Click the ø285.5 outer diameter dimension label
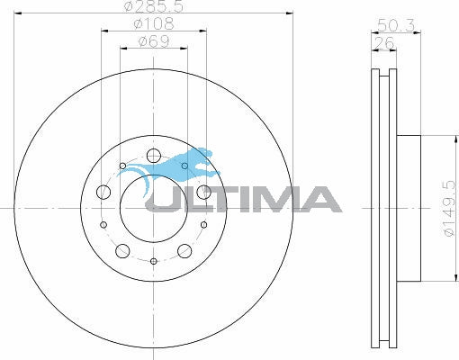154,6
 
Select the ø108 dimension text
154,23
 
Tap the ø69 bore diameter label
154,41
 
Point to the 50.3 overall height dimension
396,25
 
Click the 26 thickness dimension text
384,43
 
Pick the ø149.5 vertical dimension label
450,209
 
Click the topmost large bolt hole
154,156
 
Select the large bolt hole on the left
103,192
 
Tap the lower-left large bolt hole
122,251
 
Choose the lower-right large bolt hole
184,251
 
